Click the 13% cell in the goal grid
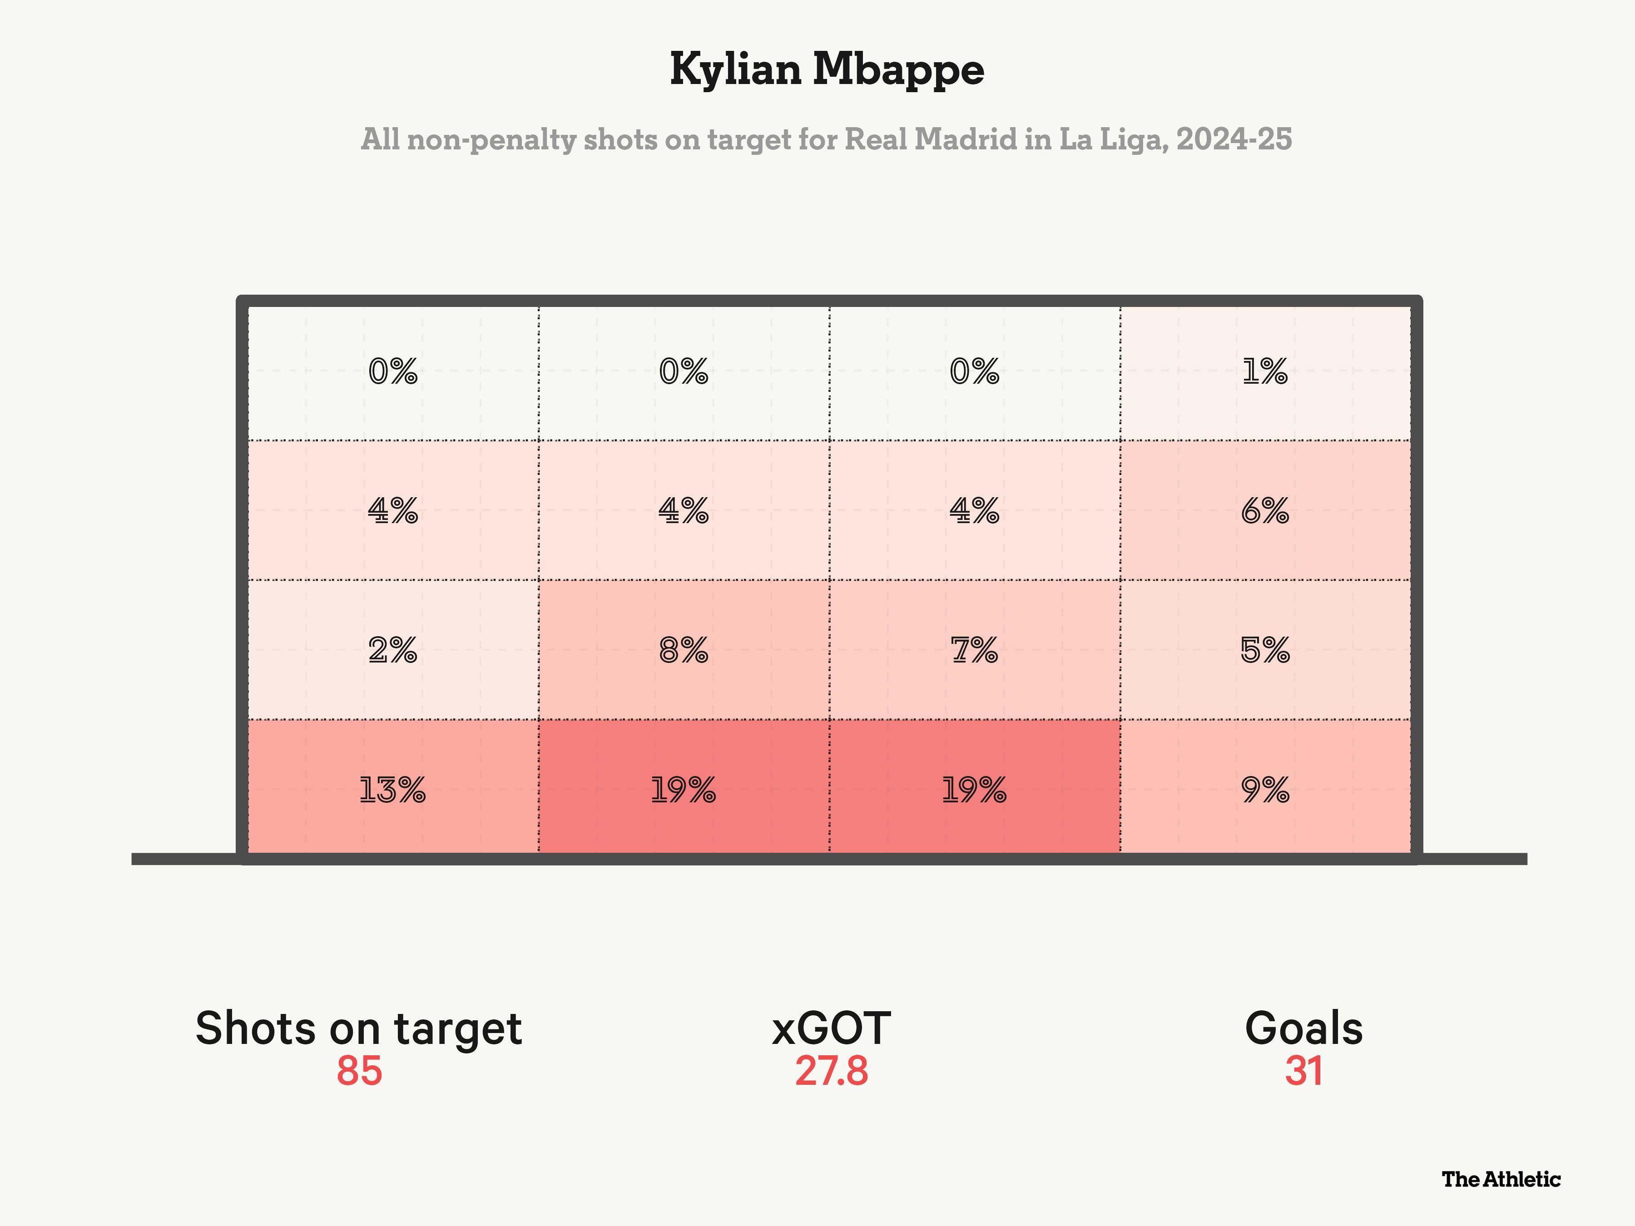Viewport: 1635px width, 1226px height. pos(392,790)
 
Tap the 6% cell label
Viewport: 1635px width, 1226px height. pos(1265,511)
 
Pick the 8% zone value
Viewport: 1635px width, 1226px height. pos(683,650)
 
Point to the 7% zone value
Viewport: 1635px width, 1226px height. pos(974,650)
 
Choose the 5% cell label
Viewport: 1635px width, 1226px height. pos(1265,650)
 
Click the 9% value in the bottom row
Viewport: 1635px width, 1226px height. pos(1265,790)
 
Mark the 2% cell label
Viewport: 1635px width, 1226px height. pos(392,650)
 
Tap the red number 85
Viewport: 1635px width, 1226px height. pos(359,1071)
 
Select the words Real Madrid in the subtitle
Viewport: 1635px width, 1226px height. pos(931,139)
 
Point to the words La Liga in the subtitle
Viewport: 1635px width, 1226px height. pos(1112,139)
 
